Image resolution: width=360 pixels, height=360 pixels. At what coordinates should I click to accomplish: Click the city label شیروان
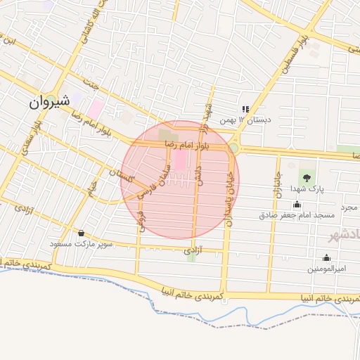point(49,101)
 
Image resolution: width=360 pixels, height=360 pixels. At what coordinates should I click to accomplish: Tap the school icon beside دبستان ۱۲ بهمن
point(245,109)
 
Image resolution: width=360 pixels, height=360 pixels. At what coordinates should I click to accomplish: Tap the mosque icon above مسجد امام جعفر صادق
point(296,205)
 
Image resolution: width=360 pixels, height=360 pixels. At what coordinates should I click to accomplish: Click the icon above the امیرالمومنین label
point(326,257)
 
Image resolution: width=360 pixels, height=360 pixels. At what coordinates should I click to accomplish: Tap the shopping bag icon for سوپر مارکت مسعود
point(82,233)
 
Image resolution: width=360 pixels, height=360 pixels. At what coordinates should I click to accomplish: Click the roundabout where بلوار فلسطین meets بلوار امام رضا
point(233,148)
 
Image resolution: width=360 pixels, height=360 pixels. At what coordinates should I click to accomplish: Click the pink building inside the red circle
point(180,162)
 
